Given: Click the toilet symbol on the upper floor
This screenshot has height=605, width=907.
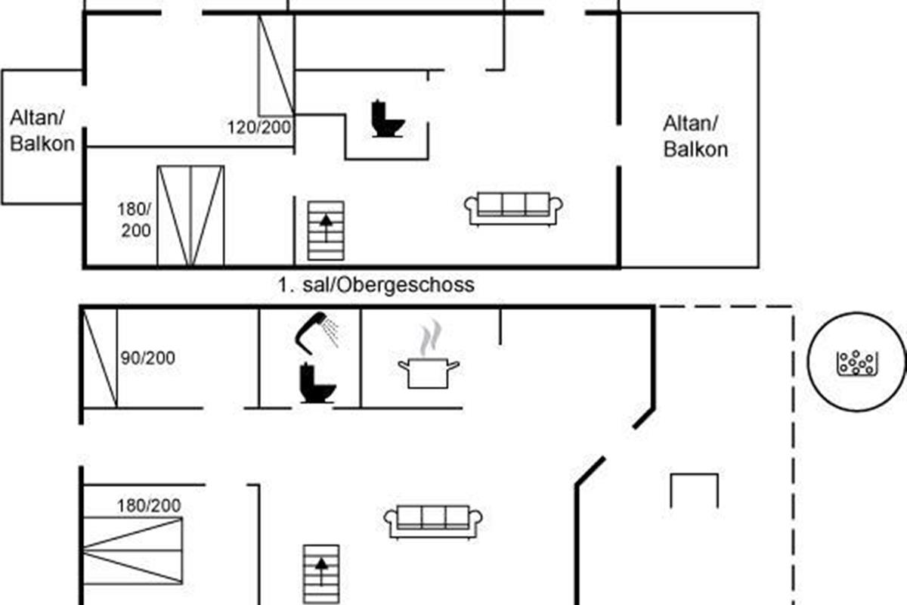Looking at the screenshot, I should pyautogui.click(x=388, y=119).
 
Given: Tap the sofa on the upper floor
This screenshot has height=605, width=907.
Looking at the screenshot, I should pyautogui.click(x=514, y=207).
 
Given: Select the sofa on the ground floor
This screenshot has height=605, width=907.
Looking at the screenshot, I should pyautogui.click(x=433, y=521).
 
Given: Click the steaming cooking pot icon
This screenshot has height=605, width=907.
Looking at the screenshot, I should pyautogui.click(x=429, y=363).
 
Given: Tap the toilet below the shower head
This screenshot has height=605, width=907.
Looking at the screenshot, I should pyautogui.click(x=315, y=383).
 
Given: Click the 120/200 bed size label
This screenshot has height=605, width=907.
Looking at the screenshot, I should pyautogui.click(x=259, y=127).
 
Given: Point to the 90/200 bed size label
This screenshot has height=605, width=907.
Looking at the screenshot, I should pyautogui.click(x=148, y=357).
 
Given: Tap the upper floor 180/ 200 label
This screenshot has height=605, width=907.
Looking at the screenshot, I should pyautogui.click(x=135, y=219).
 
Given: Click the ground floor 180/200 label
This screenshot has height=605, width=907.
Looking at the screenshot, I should pyautogui.click(x=149, y=505).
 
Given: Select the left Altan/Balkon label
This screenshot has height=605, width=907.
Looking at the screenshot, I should pyautogui.click(x=42, y=130).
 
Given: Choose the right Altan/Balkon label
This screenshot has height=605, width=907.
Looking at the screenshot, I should pyautogui.click(x=695, y=136).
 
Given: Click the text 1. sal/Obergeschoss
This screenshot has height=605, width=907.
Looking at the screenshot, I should pyautogui.click(x=376, y=284).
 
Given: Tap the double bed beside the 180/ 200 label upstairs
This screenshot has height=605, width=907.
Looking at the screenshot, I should pyautogui.click(x=190, y=216).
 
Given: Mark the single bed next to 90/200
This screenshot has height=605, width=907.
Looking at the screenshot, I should pyautogui.click(x=100, y=358).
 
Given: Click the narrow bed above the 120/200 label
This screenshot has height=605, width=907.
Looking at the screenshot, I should pyautogui.click(x=276, y=64).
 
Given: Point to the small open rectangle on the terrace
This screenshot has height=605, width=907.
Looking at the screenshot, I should pyautogui.click(x=695, y=490).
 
